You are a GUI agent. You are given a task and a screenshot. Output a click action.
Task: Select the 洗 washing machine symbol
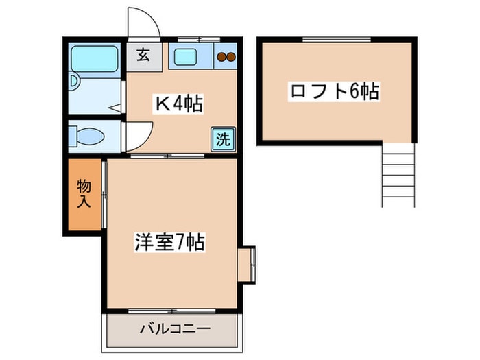click(x=223, y=139)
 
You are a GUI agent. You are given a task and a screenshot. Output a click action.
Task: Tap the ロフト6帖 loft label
click(x=334, y=91)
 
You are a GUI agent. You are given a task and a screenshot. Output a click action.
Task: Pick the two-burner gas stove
click(x=226, y=58)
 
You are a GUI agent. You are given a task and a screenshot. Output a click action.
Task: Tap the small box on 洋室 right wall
click(x=247, y=263)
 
